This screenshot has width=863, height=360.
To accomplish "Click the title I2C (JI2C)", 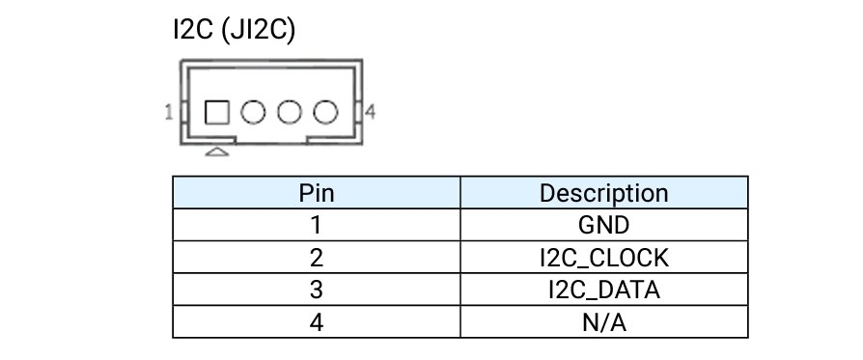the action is tap(234, 30).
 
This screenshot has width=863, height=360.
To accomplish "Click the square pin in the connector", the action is tap(217, 112).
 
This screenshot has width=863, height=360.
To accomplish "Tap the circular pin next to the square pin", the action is tap(253, 112).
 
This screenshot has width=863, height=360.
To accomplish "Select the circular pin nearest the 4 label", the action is tap(325, 112).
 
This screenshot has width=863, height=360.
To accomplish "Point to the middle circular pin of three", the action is tap(290, 112).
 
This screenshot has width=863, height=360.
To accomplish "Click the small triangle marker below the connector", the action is tap(217, 152).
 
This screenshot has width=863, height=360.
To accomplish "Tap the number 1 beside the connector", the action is tap(169, 112).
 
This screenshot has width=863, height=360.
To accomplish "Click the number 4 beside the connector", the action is tap(371, 112).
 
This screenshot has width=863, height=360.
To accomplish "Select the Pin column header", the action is tap(317, 193).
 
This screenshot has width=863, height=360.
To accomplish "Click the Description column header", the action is tap(603, 193).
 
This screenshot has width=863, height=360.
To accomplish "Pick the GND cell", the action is tap(603, 225).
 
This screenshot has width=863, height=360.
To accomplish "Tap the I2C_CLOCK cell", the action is tap(603, 258).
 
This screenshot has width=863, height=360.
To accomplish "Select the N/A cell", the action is tap(603, 322).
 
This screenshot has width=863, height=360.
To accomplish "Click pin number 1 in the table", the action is tap(316, 225).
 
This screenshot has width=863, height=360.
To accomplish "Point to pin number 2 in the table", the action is tap(317, 258).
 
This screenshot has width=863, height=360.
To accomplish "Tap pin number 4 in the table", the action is tap(317, 322).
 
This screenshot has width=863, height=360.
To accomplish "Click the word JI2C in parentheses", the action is tap(258, 30).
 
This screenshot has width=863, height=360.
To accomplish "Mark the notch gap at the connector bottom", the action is tap(271, 141).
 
